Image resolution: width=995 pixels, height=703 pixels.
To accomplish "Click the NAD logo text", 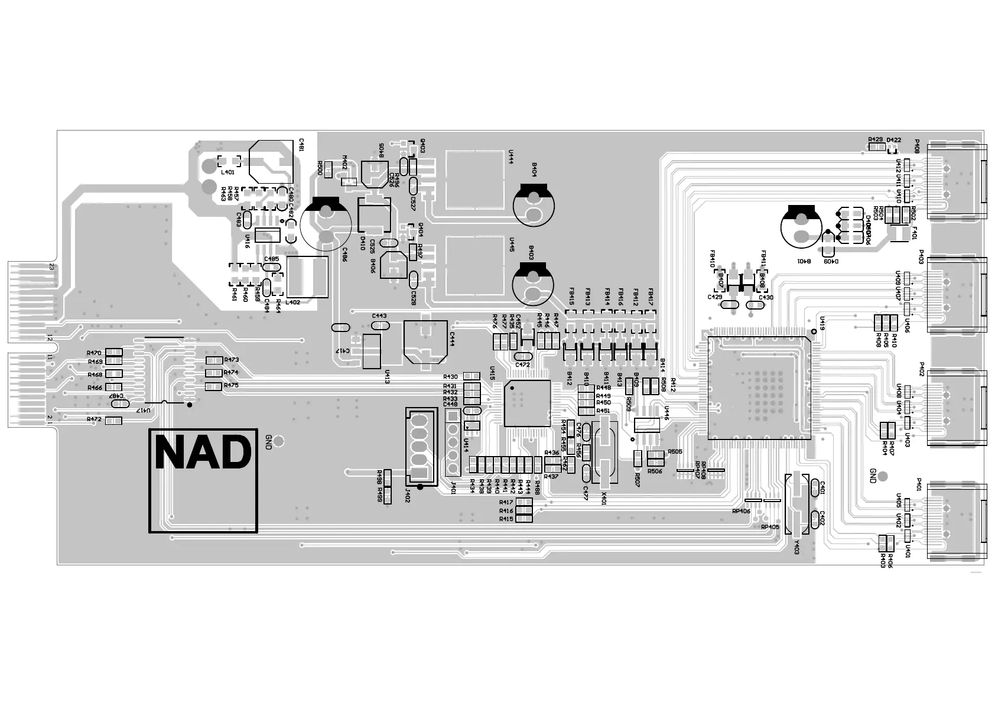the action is (x=203, y=454).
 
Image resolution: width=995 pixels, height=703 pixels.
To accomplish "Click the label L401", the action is (x=227, y=172).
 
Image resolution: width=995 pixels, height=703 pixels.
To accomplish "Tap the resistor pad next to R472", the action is (x=113, y=420).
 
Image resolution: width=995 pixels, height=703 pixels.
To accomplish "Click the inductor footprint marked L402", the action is (x=307, y=276).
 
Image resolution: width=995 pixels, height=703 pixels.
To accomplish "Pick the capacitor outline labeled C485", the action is (x=272, y=268).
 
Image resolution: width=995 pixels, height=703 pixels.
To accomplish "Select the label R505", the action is (x=675, y=451).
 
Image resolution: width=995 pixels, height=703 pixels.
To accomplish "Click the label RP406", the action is (x=740, y=511).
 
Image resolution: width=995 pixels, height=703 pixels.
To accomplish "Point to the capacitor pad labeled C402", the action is (x=816, y=519).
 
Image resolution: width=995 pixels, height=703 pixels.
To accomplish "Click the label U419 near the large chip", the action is (x=821, y=322).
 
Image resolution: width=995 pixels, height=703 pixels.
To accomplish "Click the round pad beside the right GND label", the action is (x=883, y=476).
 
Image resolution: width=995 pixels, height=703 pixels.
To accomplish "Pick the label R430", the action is (x=450, y=377).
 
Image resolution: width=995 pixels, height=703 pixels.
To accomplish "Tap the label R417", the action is (x=506, y=503).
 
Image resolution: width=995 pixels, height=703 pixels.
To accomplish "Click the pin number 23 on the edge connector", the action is (x=51, y=267).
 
